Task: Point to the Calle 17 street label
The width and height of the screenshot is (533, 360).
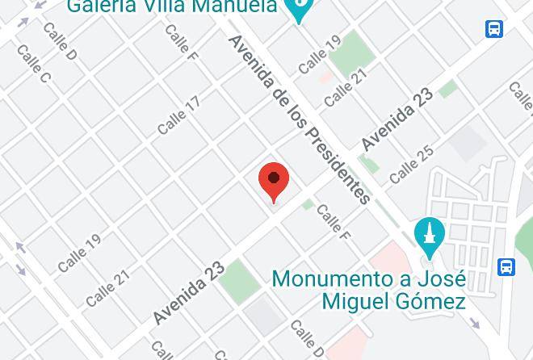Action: (x=178, y=116)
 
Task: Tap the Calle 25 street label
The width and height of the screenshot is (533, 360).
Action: (x=411, y=165)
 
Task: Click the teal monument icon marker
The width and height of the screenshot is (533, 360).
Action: (x=429, y=237)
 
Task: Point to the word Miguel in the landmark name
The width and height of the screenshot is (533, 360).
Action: (x=352, y=302)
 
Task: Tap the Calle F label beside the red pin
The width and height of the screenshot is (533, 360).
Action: (x=333, y=223)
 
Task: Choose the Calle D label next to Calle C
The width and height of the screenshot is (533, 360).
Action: (x=60, y=42)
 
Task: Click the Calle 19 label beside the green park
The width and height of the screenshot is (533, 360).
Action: (x=320, y=54)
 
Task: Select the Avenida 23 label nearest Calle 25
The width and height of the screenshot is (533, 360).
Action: (x=397, y=119)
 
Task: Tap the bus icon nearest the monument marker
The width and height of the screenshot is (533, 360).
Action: (x=506, y=266)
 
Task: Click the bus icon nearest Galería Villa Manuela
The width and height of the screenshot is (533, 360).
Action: (x=494, y=29)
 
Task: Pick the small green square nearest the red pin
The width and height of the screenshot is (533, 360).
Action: (x=308, y=205)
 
